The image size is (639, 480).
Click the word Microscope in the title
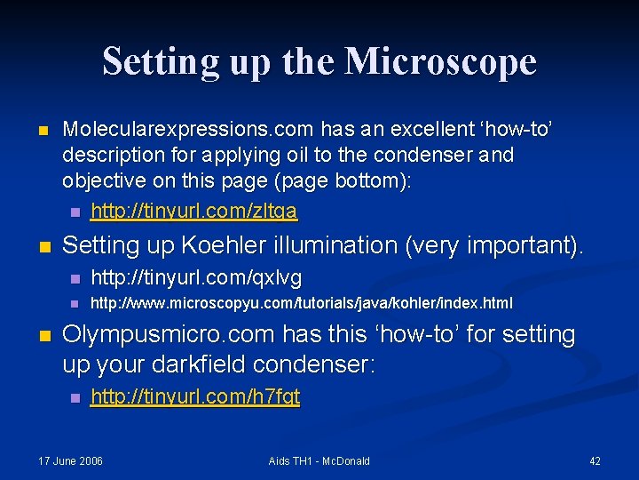click(x=440, y=62)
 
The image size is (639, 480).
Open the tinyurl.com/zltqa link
click(x=194, y=212)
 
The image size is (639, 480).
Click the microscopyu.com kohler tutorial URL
click(x=302, y=303)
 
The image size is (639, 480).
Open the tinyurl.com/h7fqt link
click(x=195, y=396)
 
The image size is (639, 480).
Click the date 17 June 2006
click(x=70, y=460)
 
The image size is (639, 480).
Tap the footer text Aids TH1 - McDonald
click(x=319, y=460)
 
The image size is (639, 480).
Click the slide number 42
click(x=595, y=460)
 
